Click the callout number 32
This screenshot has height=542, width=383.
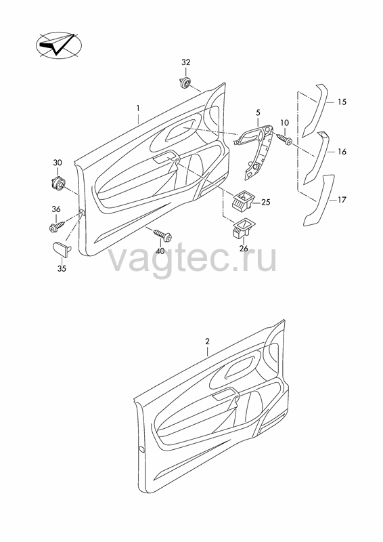pyautogui.click(x=186, y=62)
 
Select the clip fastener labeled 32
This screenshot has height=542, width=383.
pyautogui.click(x=185, y=83)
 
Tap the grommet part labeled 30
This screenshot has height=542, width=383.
pyautogui.click(x=58, y=182)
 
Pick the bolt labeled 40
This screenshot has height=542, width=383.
pyautogui.click(x=162, y=234)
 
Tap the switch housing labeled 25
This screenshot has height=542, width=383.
pyautogui.click(x=243, y=201)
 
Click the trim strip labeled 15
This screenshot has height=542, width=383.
pyautogui.click(x=314, y=110)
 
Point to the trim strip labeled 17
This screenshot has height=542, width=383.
pyautogui.click(x=319, y=201)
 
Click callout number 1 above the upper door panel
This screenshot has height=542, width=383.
pyautogui.click(x=138, y=108)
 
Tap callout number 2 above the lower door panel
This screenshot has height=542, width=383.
pyautogui.click(x=207, y=341)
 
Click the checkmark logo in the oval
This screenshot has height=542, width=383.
pyautogui.click(x=59, y=45)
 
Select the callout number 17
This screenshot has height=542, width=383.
pyautogui.click(x=342, y=200)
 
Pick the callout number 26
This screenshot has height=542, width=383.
pyautogui.click(x=244, y=249)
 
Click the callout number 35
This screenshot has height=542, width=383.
pyautogui.click(x=62, y=268)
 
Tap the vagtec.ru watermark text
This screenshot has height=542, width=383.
pyautogui.click(x=193, y=259)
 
